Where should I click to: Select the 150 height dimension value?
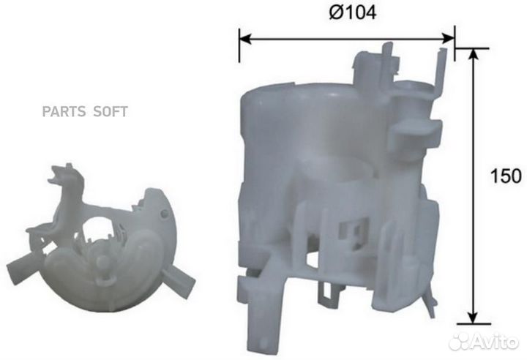click(x=506, y=176)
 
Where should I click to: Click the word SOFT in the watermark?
click(x=109, y=112)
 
